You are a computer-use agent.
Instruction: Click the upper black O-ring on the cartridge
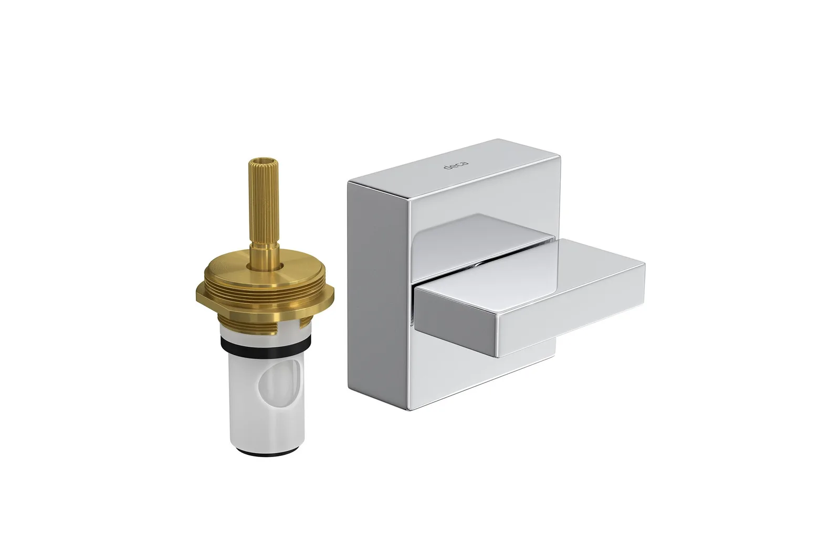tap(265, 345)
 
